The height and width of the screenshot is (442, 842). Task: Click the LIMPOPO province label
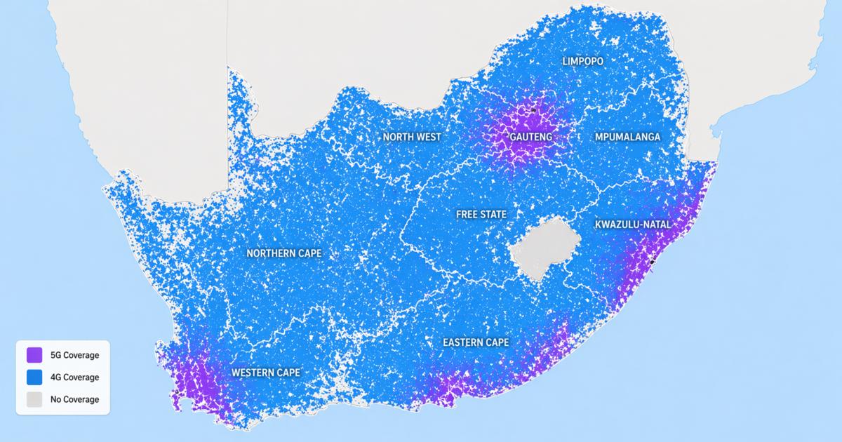(x=582, y=62)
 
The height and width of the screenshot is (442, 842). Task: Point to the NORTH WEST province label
(x=412, y=137)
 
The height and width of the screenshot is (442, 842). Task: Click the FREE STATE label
(x=481, y=214)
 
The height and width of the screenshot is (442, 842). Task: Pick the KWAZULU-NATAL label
(x=632, y=225)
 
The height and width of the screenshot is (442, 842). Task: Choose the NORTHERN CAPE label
(x=284, y=253)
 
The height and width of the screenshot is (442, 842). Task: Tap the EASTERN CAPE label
(x=476, y=342)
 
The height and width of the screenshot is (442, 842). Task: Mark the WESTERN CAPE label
(x=267, y=373)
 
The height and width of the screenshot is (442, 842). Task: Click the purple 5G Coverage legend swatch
(x=34, y=355)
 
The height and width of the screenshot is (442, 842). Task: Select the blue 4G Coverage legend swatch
(x=34, y=377)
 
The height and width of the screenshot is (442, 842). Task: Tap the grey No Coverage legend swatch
(x=34, y=400)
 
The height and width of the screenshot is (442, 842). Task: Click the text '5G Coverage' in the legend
(x=74, y=355)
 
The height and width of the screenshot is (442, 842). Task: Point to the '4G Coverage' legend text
(x=74, y=377)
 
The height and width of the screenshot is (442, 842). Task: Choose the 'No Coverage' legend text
(x=74, y=400)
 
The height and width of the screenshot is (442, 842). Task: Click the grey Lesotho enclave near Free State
(x=544, y=249)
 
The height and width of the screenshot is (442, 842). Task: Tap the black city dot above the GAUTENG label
(x=533, y=110)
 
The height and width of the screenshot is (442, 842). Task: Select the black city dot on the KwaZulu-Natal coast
(x=652, y=261)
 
